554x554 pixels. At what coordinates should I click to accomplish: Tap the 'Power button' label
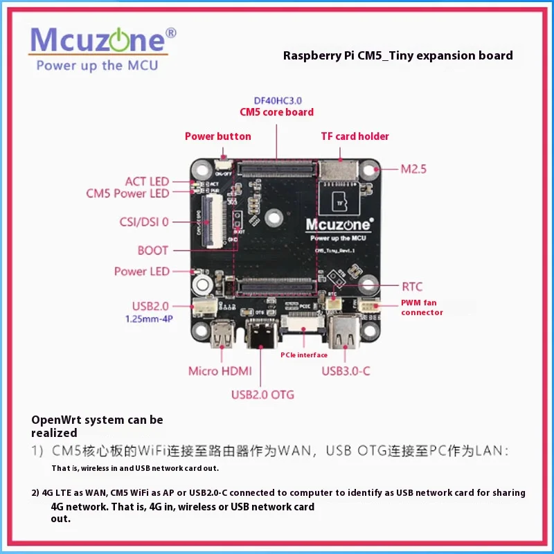point(217,136)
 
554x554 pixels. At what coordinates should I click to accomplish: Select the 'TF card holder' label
point(355,136)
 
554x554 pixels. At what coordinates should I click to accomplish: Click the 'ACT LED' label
point(147,181)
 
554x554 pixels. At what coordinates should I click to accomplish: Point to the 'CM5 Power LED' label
point(127,194)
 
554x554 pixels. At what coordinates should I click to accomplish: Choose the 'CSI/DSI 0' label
point(143,222)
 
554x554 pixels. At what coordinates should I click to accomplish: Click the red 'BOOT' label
point(153,251)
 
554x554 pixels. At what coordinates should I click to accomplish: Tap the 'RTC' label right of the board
point(412,287)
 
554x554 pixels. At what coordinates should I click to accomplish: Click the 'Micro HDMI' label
point(219,371)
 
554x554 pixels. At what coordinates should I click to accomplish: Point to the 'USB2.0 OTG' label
point(262,395)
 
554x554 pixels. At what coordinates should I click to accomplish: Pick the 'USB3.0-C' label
point(346,371)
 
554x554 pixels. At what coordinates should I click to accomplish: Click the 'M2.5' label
point(415,168)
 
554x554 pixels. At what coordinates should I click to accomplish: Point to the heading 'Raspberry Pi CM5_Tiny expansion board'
point(397,55)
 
